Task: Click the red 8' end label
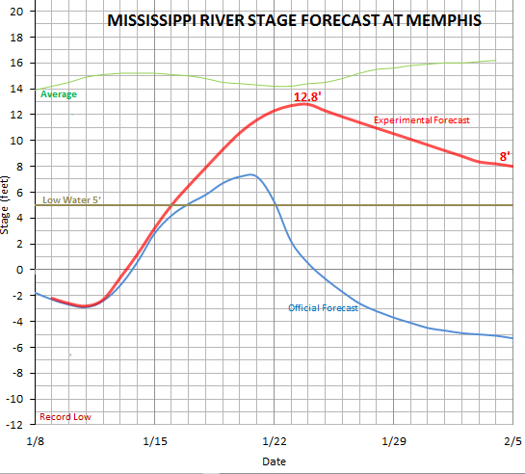505,156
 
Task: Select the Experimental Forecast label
420,119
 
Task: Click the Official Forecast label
323,308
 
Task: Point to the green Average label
59,94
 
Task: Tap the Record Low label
65,417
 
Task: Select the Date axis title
274,461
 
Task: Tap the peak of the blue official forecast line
250,174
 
